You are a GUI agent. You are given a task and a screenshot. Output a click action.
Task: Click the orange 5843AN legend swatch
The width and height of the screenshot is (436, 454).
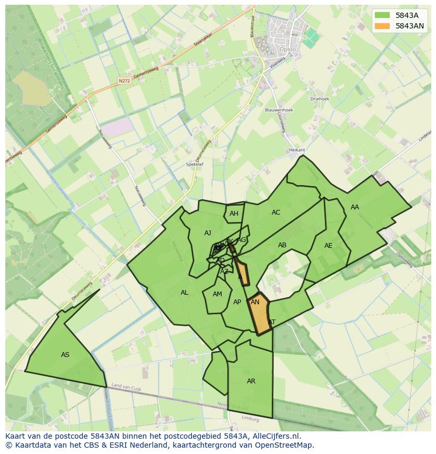[x=382, y=26]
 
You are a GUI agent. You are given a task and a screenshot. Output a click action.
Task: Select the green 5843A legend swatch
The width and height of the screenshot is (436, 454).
[x=382, y=15]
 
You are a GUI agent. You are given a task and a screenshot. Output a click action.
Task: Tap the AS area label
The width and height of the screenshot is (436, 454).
[x=65, y=355]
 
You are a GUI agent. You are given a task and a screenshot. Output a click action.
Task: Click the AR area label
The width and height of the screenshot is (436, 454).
[x=251, y=381]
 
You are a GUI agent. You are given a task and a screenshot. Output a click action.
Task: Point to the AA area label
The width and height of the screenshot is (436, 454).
[x=355, y=207]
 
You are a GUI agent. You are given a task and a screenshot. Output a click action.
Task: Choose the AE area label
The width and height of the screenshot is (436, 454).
[x=329, y=246]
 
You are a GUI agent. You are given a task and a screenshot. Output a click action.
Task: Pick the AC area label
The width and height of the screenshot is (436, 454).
[x=276, y=212]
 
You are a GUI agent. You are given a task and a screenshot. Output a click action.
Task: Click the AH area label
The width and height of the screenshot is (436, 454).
[x=234, y=214]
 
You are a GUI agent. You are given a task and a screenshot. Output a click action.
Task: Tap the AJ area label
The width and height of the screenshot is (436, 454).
[x=207, y=233]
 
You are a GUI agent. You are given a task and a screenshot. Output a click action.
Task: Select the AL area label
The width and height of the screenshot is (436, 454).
[x=184, y=293]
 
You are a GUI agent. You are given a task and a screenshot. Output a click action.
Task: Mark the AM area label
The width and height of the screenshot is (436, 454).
[x=217, y=294]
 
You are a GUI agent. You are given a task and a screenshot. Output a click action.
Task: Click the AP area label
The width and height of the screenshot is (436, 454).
[x=237, y=302]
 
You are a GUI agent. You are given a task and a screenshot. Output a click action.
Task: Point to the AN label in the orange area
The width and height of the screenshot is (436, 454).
[x=255, y=302]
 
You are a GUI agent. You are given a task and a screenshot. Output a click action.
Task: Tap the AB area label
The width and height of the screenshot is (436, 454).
[x=282, y=245]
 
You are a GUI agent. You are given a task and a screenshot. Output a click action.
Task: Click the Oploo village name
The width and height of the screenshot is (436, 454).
[x=289, y=50]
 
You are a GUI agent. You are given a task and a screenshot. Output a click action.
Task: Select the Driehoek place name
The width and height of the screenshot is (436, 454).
[x=320, y=98]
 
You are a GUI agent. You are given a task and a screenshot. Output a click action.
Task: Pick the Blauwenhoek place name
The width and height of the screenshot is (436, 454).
[x=279, y=110]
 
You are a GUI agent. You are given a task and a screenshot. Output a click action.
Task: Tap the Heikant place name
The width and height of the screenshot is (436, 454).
[x=297, y=150]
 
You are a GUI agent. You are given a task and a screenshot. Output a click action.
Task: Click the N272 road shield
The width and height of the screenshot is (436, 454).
[x=124, y=81]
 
